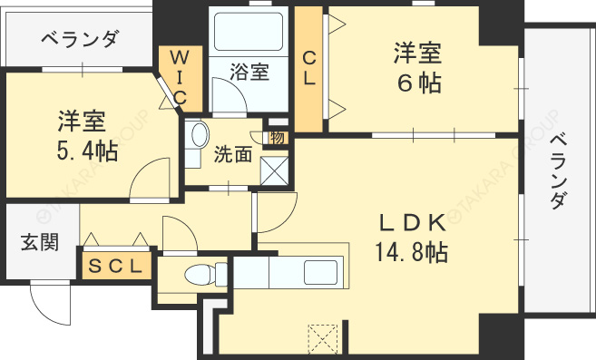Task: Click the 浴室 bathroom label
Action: [249, 72]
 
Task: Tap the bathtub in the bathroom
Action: [249, 32]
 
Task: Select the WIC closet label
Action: [180, 78]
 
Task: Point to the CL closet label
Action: [309, 69]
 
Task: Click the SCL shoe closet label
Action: [115, 266]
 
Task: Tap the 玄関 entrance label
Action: [40, 242]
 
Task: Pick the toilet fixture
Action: [206, 274]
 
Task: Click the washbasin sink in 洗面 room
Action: [200, 134]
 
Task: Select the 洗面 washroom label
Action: [232, 154]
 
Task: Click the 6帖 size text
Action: [419, 83]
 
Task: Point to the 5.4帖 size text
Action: [87, 151]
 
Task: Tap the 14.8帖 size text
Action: [411, 252]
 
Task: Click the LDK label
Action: [413, 223]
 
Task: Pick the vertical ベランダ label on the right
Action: [559, 171]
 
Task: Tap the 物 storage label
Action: [278, 138]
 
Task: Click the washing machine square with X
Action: [275, 170]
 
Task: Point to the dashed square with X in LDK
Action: [323, 338]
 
